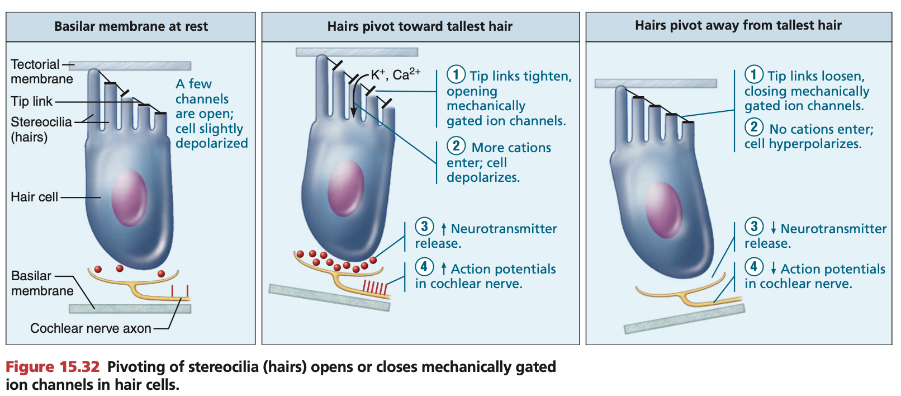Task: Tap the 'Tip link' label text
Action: pyautogui.click(x=31, y=102)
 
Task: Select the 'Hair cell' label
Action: pyautogui.click(x=34, y=197)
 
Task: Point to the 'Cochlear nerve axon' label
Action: pyautogui.click(x=91, y=328)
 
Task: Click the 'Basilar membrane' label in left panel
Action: pyautogui.click(x=42, y=283)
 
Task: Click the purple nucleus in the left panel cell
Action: pyautogui.click(x=129, y=198)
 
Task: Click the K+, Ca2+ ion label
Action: pyautogui.click(x=395, y=74)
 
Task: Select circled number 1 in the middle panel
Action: pyautogui.click(x=456, y=74)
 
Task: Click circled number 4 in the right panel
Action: pyautogui.click(x=753, y=267)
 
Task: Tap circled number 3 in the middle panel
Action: pyautogui.click(x=424, y=227)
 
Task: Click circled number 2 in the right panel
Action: pyautogui.click(x=753, y=127)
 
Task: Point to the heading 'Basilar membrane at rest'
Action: pyautogui.click(x=131, y=26)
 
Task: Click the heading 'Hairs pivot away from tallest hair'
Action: pyautogui.click(x=738, y=25)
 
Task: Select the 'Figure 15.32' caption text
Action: pyautogui.click(x=53, y=367)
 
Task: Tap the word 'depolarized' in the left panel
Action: pyautogui.click(x=211, y=143)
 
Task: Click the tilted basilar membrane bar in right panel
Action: pyautogui.click(x=684, y=319)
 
